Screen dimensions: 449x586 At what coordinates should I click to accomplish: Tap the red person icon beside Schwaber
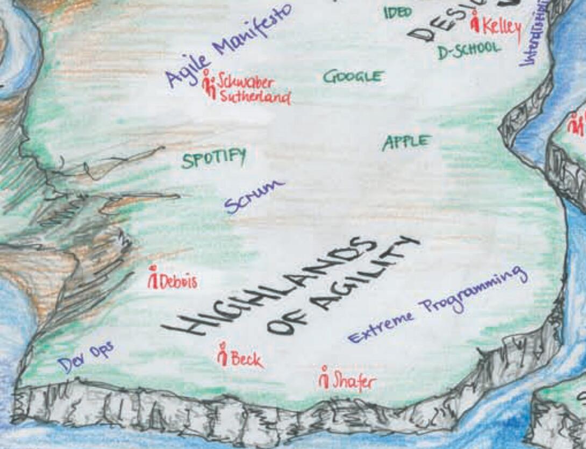[x=209, y=85]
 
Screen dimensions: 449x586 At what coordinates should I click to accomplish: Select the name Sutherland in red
[x=255, y=98]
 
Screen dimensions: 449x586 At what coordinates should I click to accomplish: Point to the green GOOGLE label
[x=353, y=76]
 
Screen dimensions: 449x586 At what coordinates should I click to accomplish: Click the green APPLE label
[x=406, y=142]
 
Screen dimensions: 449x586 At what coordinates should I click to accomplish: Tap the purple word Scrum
[x=254, y=196]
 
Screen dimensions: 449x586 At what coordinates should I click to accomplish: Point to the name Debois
[x=178, y=281]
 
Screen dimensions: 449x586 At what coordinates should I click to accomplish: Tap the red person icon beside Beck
[x=223, y=354]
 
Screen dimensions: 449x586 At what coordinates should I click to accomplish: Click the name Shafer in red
[x=354, y=381]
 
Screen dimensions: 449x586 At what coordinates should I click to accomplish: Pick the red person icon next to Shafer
[x=324, y=377]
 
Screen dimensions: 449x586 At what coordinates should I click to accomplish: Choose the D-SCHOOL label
[x=468, y=50]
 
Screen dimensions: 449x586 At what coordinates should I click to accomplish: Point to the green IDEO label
[x=398, y=12]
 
